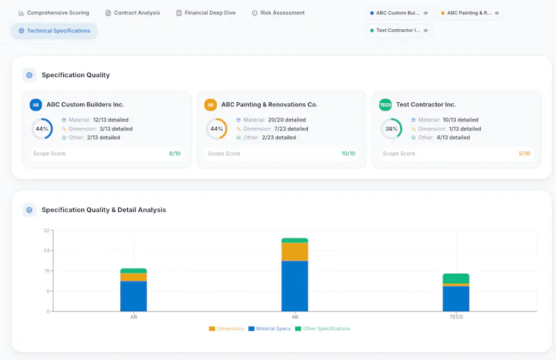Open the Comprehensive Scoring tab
54,13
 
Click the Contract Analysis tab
133,13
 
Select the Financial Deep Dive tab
206,13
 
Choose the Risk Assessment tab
279,13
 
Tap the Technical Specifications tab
54,31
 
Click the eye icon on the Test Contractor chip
426,31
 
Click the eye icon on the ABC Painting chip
497,13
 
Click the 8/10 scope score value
175,154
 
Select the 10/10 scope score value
348,154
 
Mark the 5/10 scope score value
525,154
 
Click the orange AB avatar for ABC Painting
211,105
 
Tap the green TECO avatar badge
386,105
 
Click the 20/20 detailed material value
287,120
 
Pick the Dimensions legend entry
227,329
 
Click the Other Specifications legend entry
322,329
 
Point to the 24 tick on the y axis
47,250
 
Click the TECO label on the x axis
456,317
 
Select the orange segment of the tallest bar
295,252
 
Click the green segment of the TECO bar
456,279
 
